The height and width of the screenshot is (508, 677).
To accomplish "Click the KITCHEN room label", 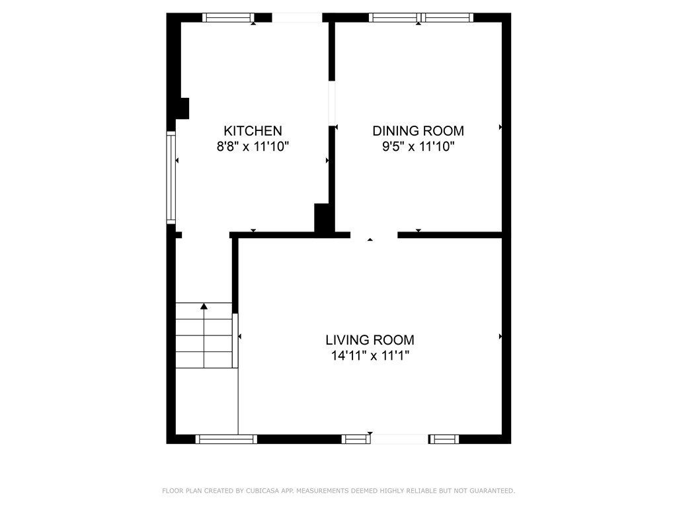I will click(x=253, y=131).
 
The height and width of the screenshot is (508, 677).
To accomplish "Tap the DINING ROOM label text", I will click(x=418, y=131).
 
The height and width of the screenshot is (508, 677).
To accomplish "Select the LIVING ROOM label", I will click(x=370, y=340).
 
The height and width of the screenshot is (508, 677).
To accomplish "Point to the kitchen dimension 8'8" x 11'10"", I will click(x=253, y=147).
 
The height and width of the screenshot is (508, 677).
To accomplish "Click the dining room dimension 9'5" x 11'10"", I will click(x=418, y=147).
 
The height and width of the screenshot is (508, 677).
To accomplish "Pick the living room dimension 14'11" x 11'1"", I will click(x=370, y=357).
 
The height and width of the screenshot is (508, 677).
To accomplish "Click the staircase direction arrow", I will click(x=204, y=306).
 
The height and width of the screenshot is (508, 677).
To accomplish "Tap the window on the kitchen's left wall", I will click(x=171, y=177).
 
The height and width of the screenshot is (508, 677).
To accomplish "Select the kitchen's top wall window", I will click(x=228, y=18).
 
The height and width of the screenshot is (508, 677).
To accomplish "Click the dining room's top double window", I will click(x=420, y=18).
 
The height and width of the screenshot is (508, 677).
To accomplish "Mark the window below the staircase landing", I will click(x=226, y=439).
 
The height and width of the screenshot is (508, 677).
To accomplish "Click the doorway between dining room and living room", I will click(x=374, y=235).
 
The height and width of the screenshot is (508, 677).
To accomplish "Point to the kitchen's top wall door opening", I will click(x=297, y=18).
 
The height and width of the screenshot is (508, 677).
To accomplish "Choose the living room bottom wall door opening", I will click(x=399, y=439).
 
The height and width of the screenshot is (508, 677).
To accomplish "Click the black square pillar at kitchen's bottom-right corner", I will click(x=323, y=218).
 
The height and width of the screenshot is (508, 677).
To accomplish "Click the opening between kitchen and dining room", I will click(x=332, y=103).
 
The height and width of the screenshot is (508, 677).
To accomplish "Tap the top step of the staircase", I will click(x=204, y=311).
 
